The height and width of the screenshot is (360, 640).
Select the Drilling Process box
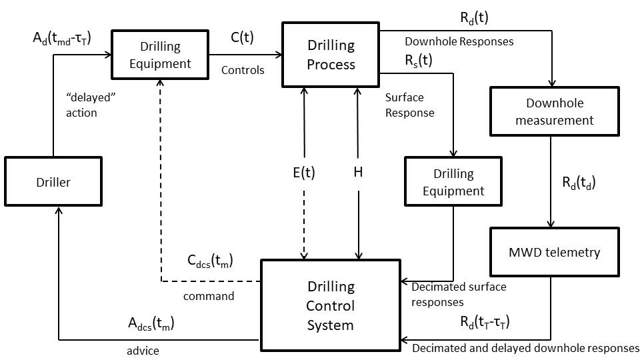click(331, 55)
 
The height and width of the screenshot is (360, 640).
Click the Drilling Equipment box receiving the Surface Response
click(453, 181)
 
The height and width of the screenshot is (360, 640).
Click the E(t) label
click(304, 172)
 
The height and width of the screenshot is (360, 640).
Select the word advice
click(143, 350)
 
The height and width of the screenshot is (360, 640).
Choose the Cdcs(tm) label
click(211, 260)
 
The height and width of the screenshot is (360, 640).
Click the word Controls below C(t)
click(243, 70)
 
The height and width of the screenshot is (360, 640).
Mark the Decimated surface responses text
click(459, 294)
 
